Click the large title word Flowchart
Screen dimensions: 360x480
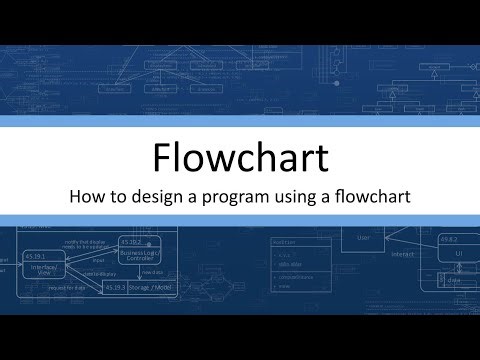[240, 158]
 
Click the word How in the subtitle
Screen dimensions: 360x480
[87, 197]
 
